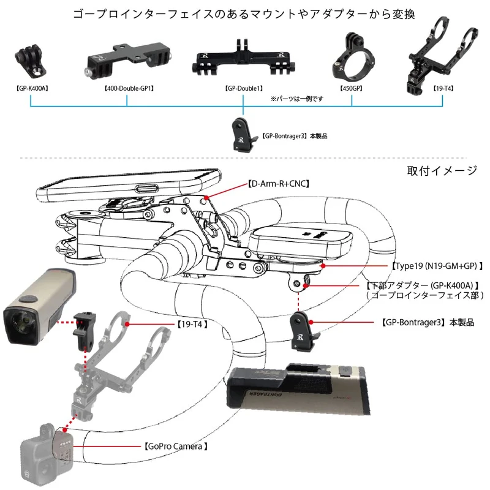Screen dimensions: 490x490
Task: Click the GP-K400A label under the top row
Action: (31, 88)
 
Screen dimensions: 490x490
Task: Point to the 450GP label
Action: (352, 88)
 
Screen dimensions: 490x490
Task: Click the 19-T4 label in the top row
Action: (443, 88)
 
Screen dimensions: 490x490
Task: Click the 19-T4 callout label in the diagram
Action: (190, 323)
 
